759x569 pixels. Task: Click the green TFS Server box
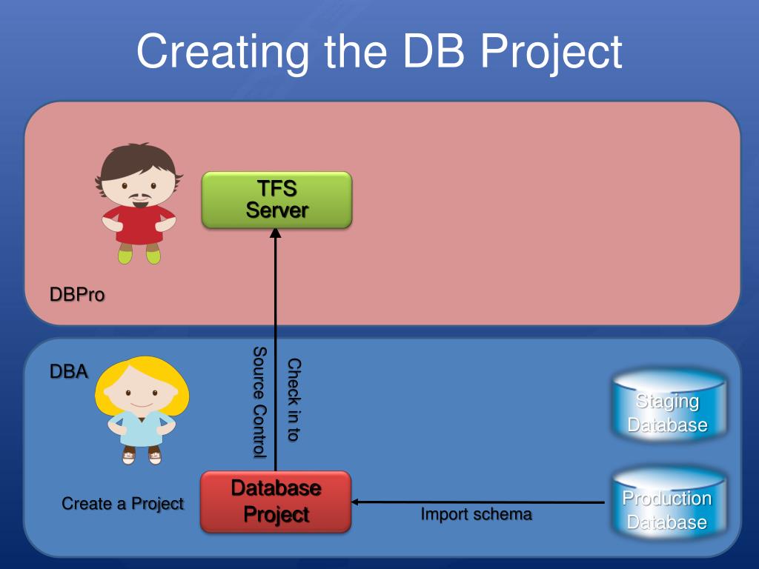tap(276, 199)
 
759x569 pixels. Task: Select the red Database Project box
tap(275, 502)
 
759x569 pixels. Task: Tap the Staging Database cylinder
tap(668, 406)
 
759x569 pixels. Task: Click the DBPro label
tap(77, 295)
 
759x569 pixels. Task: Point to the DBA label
tap(69, 371)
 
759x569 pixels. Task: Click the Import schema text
tap(476, 514)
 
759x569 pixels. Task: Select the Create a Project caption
tap(122, 504)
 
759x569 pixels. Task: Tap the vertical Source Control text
tap(259, 402)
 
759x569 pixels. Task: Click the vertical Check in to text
tap(294, 400)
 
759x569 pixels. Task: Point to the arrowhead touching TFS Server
tap(275, 233)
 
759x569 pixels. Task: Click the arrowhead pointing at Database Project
tap(356, 502)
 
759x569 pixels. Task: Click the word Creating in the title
tap(222, 52)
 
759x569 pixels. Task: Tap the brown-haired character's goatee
tap(138, 199)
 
